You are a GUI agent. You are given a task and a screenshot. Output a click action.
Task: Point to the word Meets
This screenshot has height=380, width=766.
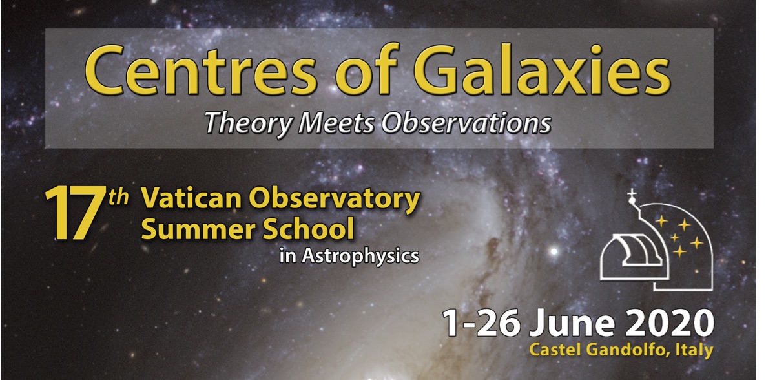pos(338,122)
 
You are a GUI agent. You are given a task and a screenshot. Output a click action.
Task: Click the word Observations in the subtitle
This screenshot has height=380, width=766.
pos(466,122)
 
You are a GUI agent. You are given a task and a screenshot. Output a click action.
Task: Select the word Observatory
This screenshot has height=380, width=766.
pos(334,200)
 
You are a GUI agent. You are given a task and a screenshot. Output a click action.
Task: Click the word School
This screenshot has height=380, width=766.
pos(309,229)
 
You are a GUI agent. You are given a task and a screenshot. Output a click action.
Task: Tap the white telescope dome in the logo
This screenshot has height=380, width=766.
pos(634,257)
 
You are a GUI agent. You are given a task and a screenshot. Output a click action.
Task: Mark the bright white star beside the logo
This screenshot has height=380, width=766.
pos(554,252)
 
